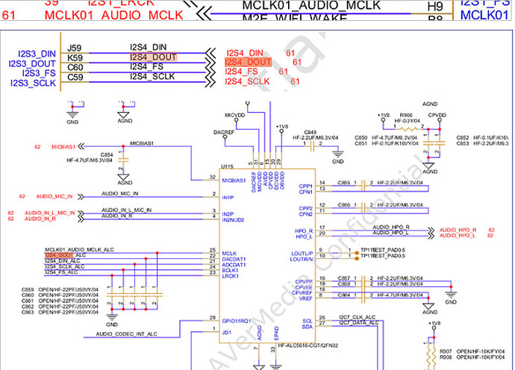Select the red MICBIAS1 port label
click(65, 147)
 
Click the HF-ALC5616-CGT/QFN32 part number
click(308, 345)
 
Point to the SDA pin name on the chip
click(305, 327)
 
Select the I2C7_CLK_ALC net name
click(358, 318)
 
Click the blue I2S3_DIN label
click(32, 54)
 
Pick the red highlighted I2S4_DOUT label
click(249, 62)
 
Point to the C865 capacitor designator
click(343, 182)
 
